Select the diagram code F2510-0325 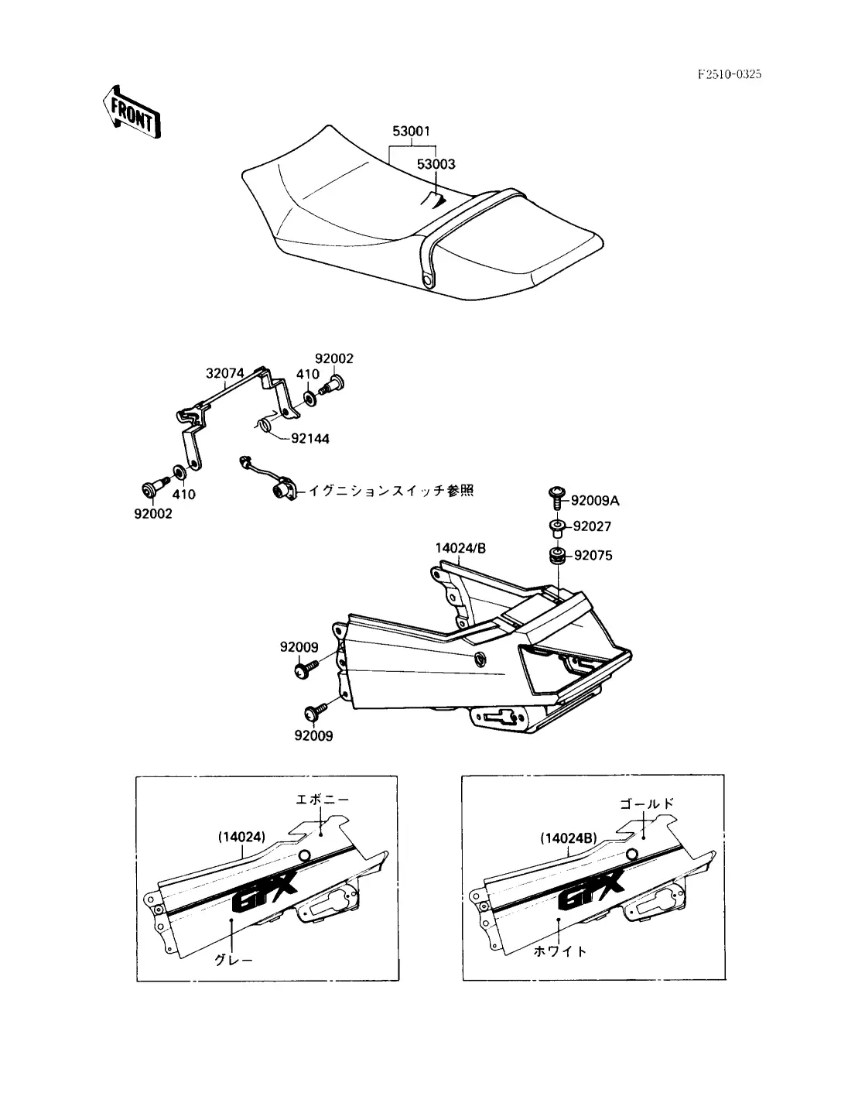tap(729, 74)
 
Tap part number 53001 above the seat tap(411, 132)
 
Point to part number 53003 tap(436, 164)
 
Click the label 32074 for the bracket tap(224, 373)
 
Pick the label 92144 tap(310, 439)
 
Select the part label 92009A tap(596, 501)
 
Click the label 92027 tap(592, 527)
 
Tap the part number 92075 tap(593, 555)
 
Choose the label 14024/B tap(460, 548)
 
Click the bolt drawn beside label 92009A tap(556, 495)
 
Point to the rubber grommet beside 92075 tap(556, 557)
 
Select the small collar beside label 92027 tap(556, 528)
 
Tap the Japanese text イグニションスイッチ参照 tap(391, 490)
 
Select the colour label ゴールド tap(647, 803)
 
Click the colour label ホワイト tap(560, 951)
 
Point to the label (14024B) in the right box tap(569, 838)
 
